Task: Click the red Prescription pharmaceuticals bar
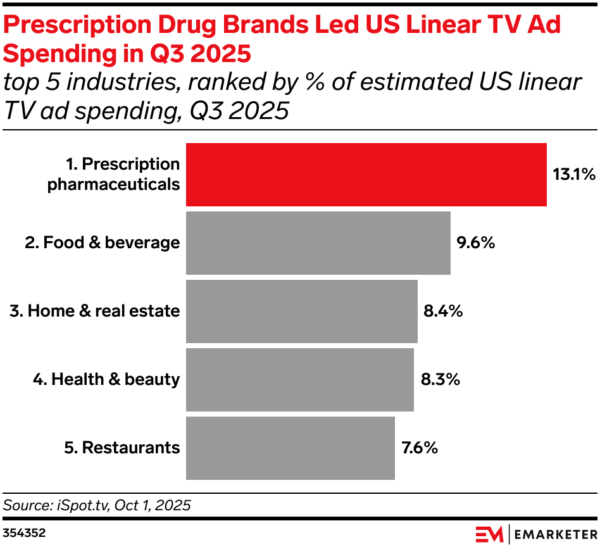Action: click(366, 175)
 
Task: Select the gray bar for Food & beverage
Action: click(318, 243)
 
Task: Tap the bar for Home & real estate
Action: click(301, 311)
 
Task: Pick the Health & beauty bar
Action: click(299, 380)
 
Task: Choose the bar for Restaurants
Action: click(290, 448)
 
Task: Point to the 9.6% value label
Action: click(475, 243)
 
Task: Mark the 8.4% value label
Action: click(442, 311)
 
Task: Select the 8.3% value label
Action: click(440, 380)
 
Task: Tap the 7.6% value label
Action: click(420, 448)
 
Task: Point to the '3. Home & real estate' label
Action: click(94, 311)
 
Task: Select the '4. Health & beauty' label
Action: click(106, 380)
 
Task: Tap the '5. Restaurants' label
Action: click(122, 448)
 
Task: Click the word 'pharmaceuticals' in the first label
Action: click(114, 185)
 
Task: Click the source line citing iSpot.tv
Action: click(97, 505)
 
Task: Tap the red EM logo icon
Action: click(489, 533)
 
